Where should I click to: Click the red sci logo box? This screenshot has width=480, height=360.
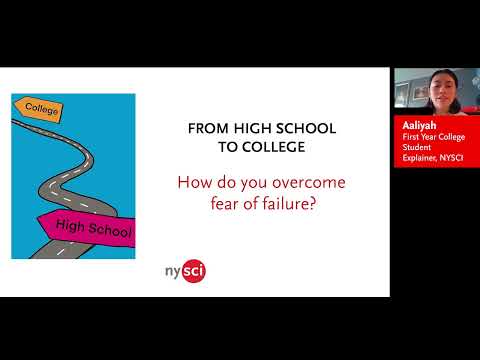[195, 271]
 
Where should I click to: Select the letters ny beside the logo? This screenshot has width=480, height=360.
[173, 272]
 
